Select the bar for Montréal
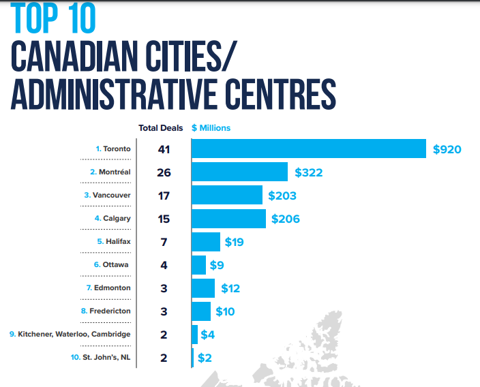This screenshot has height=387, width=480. (239, 172)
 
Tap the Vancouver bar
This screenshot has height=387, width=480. (227, 196)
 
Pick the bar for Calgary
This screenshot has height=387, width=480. (228, 219)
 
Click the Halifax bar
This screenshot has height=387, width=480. (206, 242)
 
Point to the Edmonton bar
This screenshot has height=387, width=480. (203, 288)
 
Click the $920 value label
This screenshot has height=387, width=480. (447, 149)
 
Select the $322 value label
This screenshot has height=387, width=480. (309, 172)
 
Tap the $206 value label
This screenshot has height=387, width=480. (286, 219)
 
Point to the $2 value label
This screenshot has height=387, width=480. (205, 358)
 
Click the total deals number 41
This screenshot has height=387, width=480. (164, 149)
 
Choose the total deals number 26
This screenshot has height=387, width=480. (164, 172)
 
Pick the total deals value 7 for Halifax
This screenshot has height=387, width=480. (164, 242)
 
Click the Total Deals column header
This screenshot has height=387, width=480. (161, 127)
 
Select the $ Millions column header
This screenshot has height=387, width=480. (211, 127)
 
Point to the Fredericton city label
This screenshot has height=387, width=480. (108, 311)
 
